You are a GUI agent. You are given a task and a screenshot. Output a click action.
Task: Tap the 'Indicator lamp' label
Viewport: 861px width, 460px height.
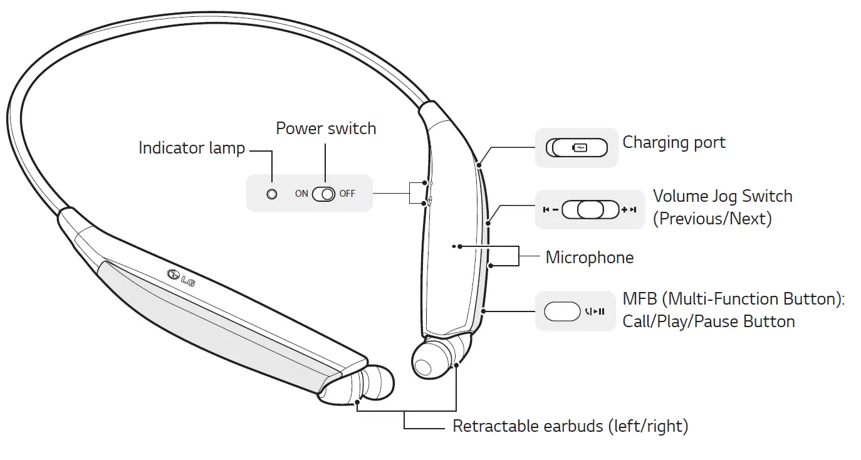pos(191,149)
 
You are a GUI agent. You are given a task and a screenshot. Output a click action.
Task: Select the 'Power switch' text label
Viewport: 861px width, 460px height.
pos(326,128)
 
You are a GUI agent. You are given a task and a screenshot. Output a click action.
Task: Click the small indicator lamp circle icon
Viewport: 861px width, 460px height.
pos(271,194)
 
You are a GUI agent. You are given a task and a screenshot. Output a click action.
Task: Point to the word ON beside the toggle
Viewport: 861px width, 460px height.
pos(301,194)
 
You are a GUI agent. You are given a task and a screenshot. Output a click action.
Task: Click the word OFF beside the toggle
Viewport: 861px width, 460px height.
pos(347,194)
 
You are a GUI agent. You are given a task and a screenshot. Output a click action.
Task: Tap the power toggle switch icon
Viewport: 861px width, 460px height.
pos(324,194)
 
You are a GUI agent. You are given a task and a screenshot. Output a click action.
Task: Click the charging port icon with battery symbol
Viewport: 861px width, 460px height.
pos(577,148)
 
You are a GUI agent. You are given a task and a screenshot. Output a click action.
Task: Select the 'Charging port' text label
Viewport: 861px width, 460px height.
pos(674,142)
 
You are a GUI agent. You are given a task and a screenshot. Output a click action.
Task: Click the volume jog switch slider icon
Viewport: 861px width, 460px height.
pos(590,209)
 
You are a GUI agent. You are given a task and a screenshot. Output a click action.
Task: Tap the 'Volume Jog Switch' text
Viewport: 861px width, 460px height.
pos(723,196)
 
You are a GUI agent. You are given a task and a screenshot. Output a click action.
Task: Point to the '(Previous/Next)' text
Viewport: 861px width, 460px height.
pos(712,219)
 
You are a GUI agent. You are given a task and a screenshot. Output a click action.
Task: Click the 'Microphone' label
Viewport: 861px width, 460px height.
pos(589,258)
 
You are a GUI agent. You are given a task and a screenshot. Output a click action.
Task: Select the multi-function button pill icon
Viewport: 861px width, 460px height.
pos(562,311)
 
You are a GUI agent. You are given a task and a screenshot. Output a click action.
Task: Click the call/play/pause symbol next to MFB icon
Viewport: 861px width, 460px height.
pos(595,311)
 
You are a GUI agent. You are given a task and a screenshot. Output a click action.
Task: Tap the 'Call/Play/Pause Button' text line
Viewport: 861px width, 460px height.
pos(708,321)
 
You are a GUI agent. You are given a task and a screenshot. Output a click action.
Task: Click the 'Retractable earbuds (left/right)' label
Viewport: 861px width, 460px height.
pos(570,427)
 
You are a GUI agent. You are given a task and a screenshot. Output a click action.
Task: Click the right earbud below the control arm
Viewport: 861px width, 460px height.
pos(432,358)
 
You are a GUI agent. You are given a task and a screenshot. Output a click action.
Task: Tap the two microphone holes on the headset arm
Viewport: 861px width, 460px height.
pos(456,247)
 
